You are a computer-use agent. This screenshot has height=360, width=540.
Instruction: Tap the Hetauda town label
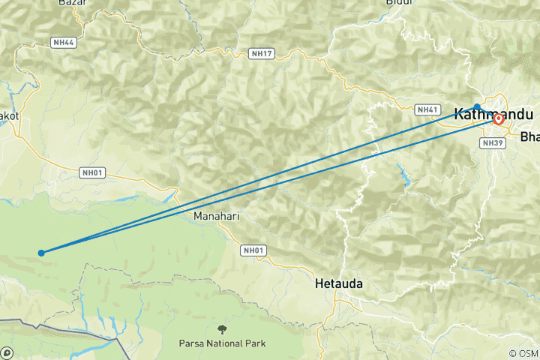pos(339,283)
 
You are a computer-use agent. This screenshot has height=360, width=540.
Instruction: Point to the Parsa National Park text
pos(223,343)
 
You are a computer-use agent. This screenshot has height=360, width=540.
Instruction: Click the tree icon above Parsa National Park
pos(222,329)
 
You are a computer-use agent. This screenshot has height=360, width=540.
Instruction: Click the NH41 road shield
pos(427,109)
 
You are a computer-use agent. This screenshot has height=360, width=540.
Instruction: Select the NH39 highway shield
pos(493,142)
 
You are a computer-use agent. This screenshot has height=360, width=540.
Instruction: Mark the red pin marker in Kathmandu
pos(499,118)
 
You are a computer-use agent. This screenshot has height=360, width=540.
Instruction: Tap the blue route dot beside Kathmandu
pos(477,107)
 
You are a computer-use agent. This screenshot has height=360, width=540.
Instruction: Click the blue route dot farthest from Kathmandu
pos(41,253)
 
